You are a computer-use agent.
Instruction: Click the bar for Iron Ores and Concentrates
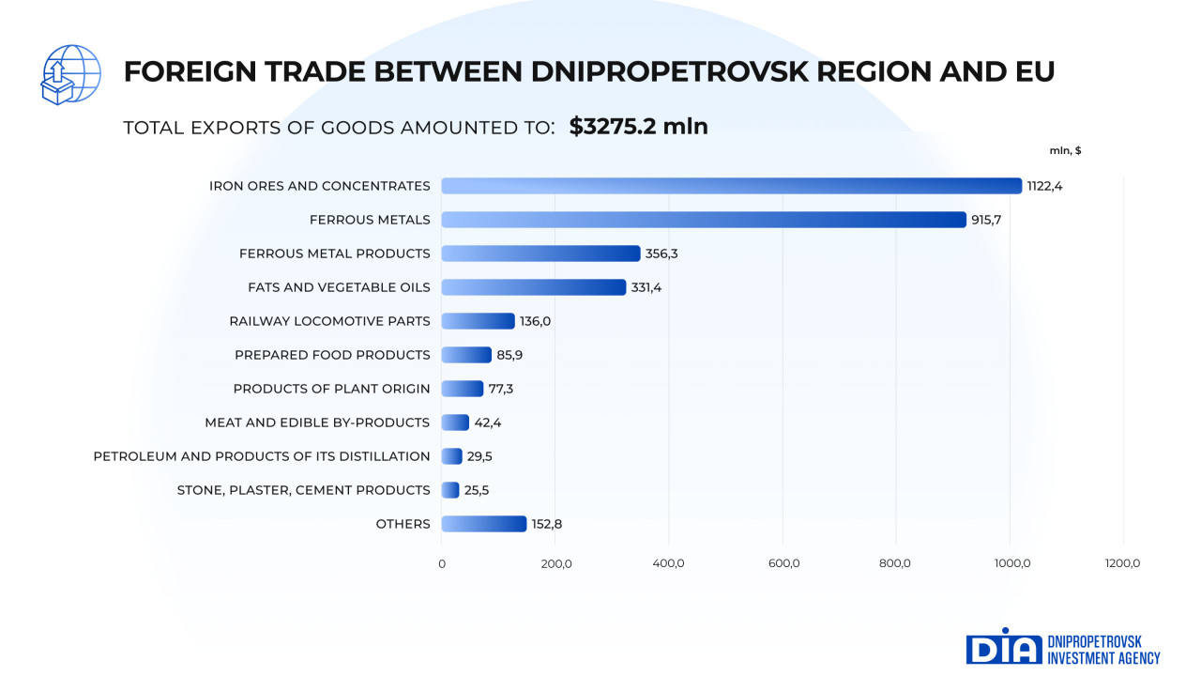pyautogui.click(x=731, y=186)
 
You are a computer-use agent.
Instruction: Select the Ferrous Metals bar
pyautogui.click(x=703, y=220)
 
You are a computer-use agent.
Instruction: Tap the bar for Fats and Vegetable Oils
pyautogui.click(x=533, y=287)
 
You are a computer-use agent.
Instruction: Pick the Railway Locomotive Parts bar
pyautogui.click(x=478, y=321)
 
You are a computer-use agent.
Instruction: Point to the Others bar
pyautogui.click(x=483, y=524)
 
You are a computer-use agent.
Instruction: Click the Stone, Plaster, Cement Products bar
pyautogui.click(x=450, y=490)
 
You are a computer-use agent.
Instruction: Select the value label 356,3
pyautogui.click(x=662, y=253)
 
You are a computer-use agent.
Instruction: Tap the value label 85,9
pyautogui.click(x=510, y=355)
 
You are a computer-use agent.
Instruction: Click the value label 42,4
pyautogui.click(x=488, y=422)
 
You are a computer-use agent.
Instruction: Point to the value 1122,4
pyautogui.click(x=1044, y=186)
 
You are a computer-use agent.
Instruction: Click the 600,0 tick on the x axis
pyautogui.click(x=783, y=563)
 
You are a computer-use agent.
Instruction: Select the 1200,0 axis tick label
pyautogui.click(x=1122, y=563)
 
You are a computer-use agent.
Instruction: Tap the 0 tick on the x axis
pyautogui.click(x=442, y=563)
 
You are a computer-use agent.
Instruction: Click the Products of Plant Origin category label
pyautogui.click(x=331, y=389)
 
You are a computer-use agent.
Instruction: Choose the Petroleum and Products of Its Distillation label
pyautogui.click(x=262, y=456)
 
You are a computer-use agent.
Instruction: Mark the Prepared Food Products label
pyautogui.click(x=332, y=355)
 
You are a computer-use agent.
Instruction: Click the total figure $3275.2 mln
pyautogui.click(x=638, y=127)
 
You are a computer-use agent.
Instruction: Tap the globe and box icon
pyautogui.click(x=70, y=74)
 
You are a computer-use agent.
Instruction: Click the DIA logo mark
pyautogui.click(x=1004, y=648)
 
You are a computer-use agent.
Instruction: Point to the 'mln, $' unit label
pyautogui.click(x=1065, y=150)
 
